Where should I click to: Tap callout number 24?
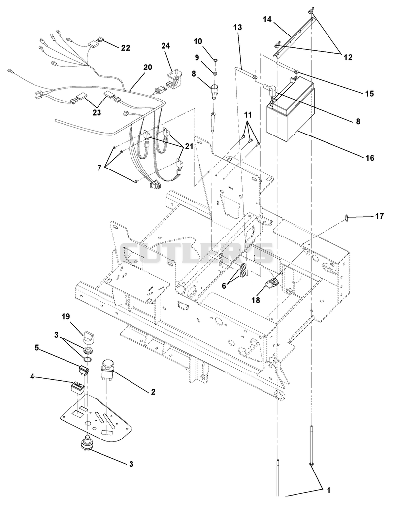click(x=166, y=46)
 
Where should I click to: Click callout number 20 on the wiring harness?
click(x=147, y=67)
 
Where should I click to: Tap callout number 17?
click(x=379, y=216)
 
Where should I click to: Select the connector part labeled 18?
click(x=271, y=283)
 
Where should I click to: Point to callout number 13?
click(x=237, y=28)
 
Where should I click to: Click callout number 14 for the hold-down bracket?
click(x=267, y=19)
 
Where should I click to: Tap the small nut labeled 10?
click(x=216, y=60)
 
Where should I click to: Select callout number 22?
click(x=126, y=48)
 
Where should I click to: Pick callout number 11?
click(x=248, y=115)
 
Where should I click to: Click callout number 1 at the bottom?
click(x=328, y=491)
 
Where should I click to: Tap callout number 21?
click(x=189, y=146)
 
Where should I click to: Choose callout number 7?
click(x=99, y=168)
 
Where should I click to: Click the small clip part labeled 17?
click(x=346, y=219)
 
